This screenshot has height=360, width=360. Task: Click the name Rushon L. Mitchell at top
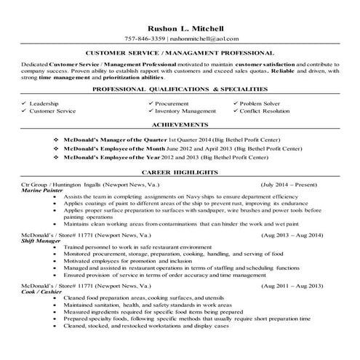pos(180,26)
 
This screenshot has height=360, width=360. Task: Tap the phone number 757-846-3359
pos(145,37)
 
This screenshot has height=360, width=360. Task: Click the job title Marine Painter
pos(41,191)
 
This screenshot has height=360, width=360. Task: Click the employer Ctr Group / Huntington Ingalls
pos(63,185)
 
